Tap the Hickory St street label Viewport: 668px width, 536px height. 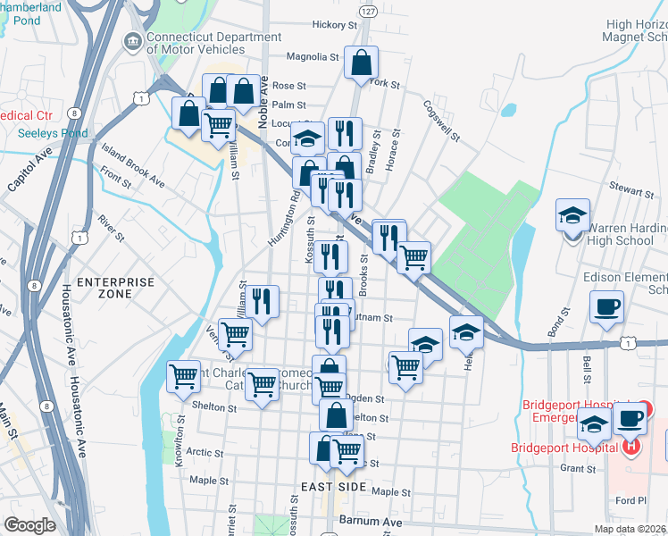(x=330, y=25)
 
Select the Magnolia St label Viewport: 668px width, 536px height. (x=313, y=56)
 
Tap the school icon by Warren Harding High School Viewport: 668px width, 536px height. (x=572, y=216)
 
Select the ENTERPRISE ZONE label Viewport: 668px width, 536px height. (x=115, y=289)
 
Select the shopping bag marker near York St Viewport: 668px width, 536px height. (x=361, y=63)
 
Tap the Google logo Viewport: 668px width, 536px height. (x=29, y=525)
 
